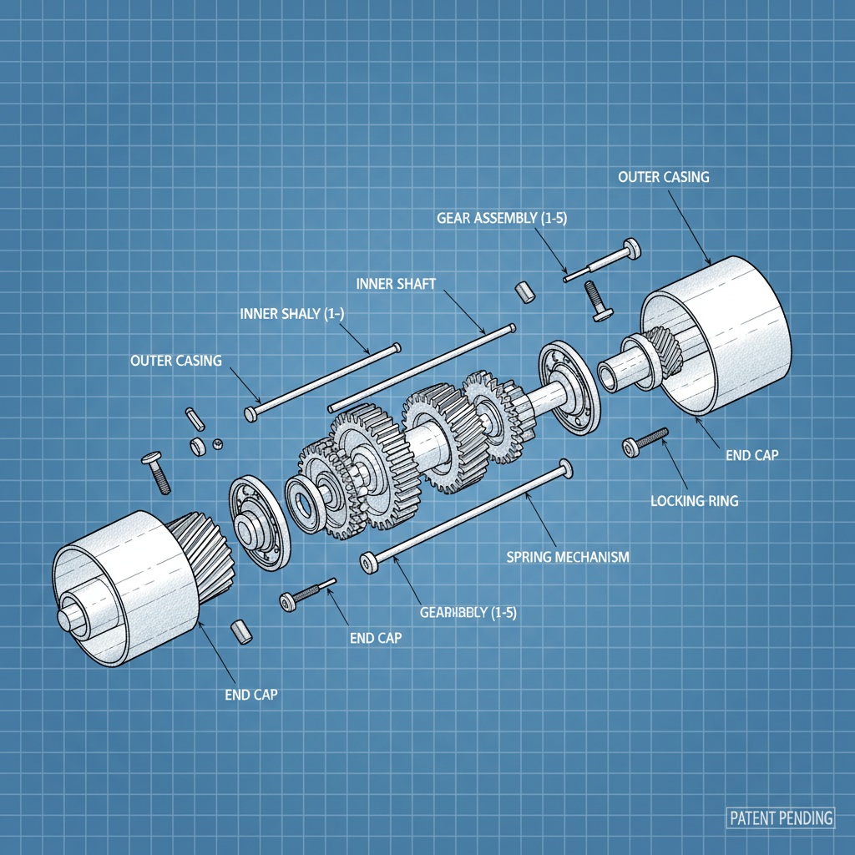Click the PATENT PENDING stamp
point(780,817)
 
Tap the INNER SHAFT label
point(396,284)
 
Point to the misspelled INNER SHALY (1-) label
point(291,314)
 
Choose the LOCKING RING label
point(694,502)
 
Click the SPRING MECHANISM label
point(568,557)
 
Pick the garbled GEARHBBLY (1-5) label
point(468,613)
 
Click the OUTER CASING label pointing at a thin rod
point(176,361)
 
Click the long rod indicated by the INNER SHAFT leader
point(417,367)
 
